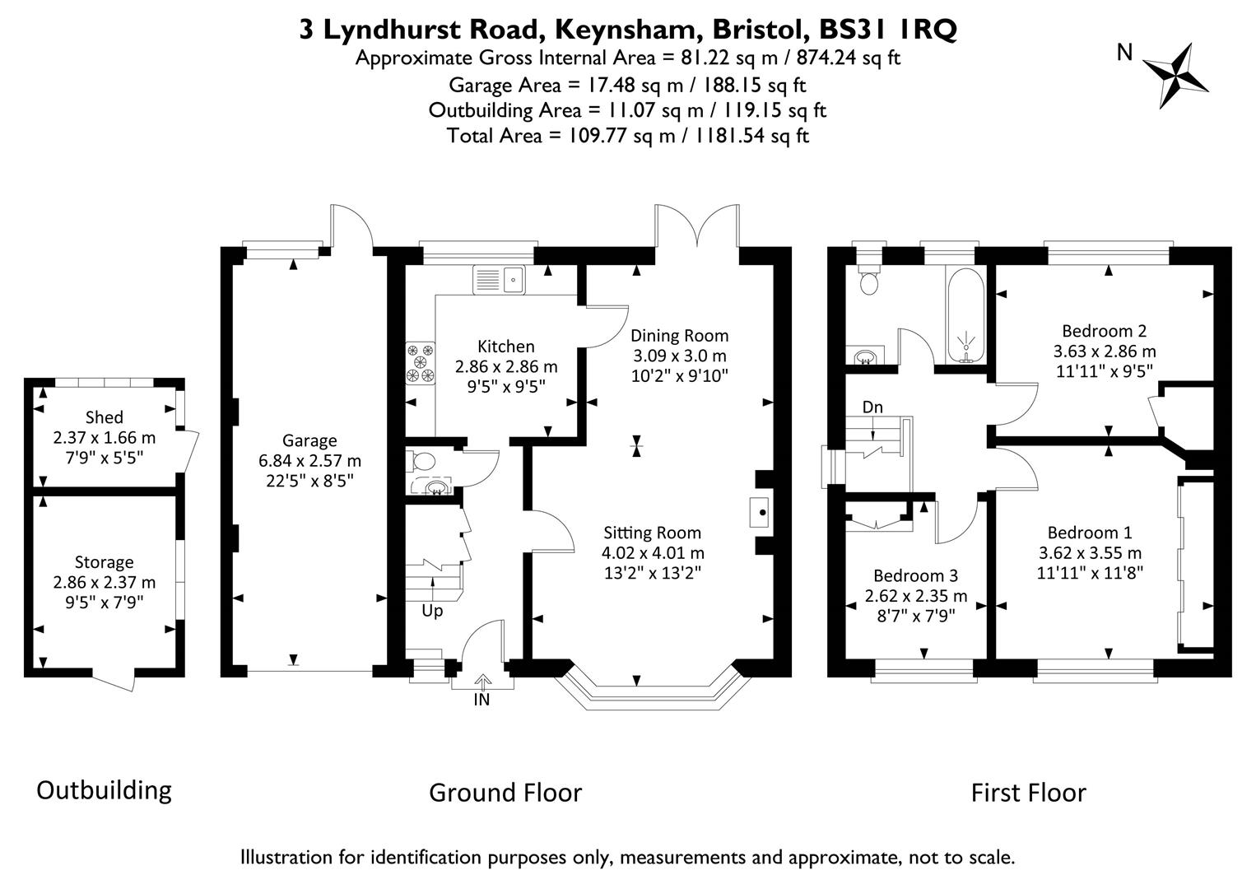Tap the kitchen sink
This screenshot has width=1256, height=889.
click(500, 280)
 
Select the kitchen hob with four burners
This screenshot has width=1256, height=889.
click(420, 362)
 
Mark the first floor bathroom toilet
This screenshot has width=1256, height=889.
click(868, 282)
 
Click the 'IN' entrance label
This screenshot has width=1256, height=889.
click(481, 700)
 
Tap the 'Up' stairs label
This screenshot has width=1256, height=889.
click(432, 611)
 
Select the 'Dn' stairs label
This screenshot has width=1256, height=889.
click(872, 407)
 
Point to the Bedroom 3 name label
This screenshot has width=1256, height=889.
click(915, 575)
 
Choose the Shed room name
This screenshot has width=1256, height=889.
click(104, 417)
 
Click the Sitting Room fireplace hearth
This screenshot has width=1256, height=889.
click(761, 512)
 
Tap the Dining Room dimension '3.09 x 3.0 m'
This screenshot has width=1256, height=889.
click(679, 356)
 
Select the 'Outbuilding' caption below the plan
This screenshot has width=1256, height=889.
click(104, 790)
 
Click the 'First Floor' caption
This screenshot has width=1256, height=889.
click(1028, 793)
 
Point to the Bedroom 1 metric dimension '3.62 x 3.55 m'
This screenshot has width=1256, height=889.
click(1089, 552)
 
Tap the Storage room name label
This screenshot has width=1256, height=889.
click(104, 562)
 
